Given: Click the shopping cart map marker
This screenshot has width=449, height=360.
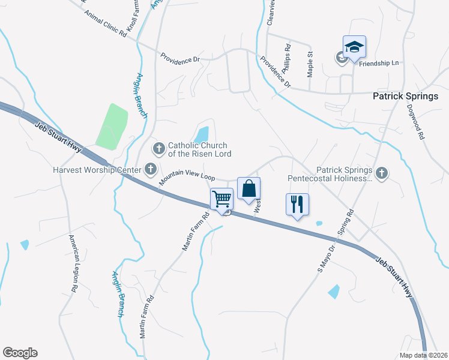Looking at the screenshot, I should [222, 199].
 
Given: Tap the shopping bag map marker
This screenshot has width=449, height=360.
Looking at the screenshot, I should [249, 189].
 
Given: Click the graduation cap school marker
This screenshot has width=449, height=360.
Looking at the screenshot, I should [354, 47].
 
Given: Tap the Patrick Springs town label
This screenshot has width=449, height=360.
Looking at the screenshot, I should [406, 96].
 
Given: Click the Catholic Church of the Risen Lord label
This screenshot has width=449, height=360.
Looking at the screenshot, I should [197, 149].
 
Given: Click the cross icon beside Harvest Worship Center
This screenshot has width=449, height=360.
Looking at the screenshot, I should [150, 169].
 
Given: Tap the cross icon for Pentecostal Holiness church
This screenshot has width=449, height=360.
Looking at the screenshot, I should [382, 174].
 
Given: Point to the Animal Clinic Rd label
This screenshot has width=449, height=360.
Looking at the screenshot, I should [106, 25].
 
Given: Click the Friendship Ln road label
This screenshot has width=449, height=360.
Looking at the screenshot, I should [379, 62].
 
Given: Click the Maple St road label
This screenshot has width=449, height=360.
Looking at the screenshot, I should [310, 64].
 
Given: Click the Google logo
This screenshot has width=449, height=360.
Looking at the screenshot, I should [20, 353].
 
